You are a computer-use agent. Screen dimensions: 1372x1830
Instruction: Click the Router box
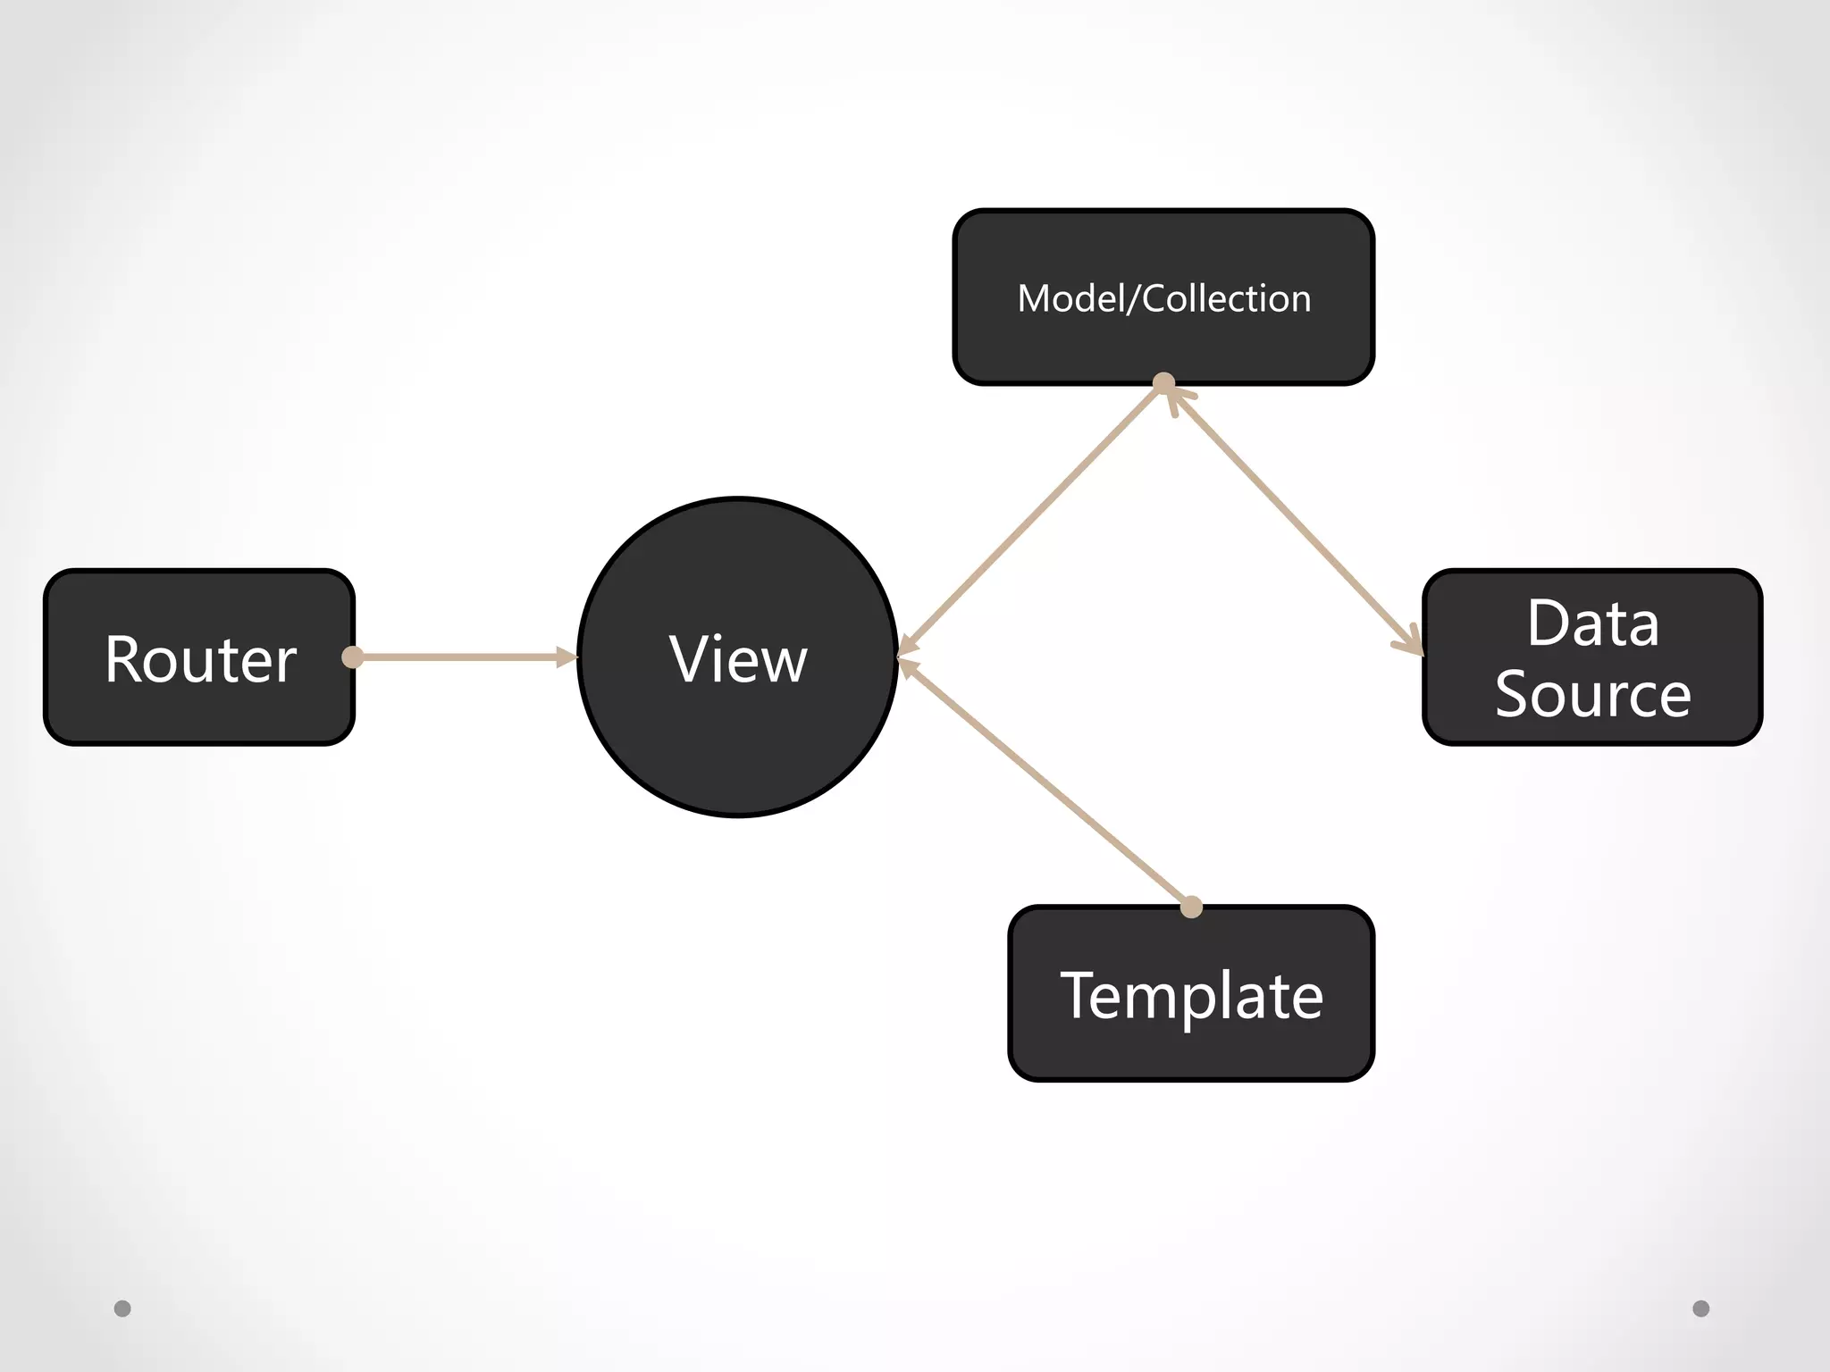tap(198, 657)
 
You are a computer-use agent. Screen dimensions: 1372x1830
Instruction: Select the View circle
tap(737, 657)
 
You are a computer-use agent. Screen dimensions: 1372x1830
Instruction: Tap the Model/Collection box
tap(1163, 297)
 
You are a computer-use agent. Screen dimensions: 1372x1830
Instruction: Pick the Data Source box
tap(1592, 657)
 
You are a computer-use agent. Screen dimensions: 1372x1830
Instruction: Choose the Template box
tap(1190, 994)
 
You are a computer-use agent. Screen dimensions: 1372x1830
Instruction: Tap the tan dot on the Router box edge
tap(353, 657)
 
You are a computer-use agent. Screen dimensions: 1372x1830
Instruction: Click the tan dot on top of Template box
tap(1191, 908)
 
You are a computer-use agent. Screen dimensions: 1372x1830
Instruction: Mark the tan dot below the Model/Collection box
tap(1163, 383)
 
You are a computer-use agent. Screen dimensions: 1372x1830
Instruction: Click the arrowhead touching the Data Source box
tap(1410, 641)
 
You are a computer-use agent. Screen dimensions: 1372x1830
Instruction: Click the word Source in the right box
tap(1592, 694)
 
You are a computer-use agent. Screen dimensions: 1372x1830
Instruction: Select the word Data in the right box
tap(1592, 623)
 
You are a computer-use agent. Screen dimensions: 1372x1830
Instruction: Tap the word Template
tap(1190, 995)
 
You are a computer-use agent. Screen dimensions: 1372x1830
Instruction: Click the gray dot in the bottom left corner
tap(122, 1309)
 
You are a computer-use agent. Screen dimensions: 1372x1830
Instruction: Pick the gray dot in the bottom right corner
tap(1701, 1309)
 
